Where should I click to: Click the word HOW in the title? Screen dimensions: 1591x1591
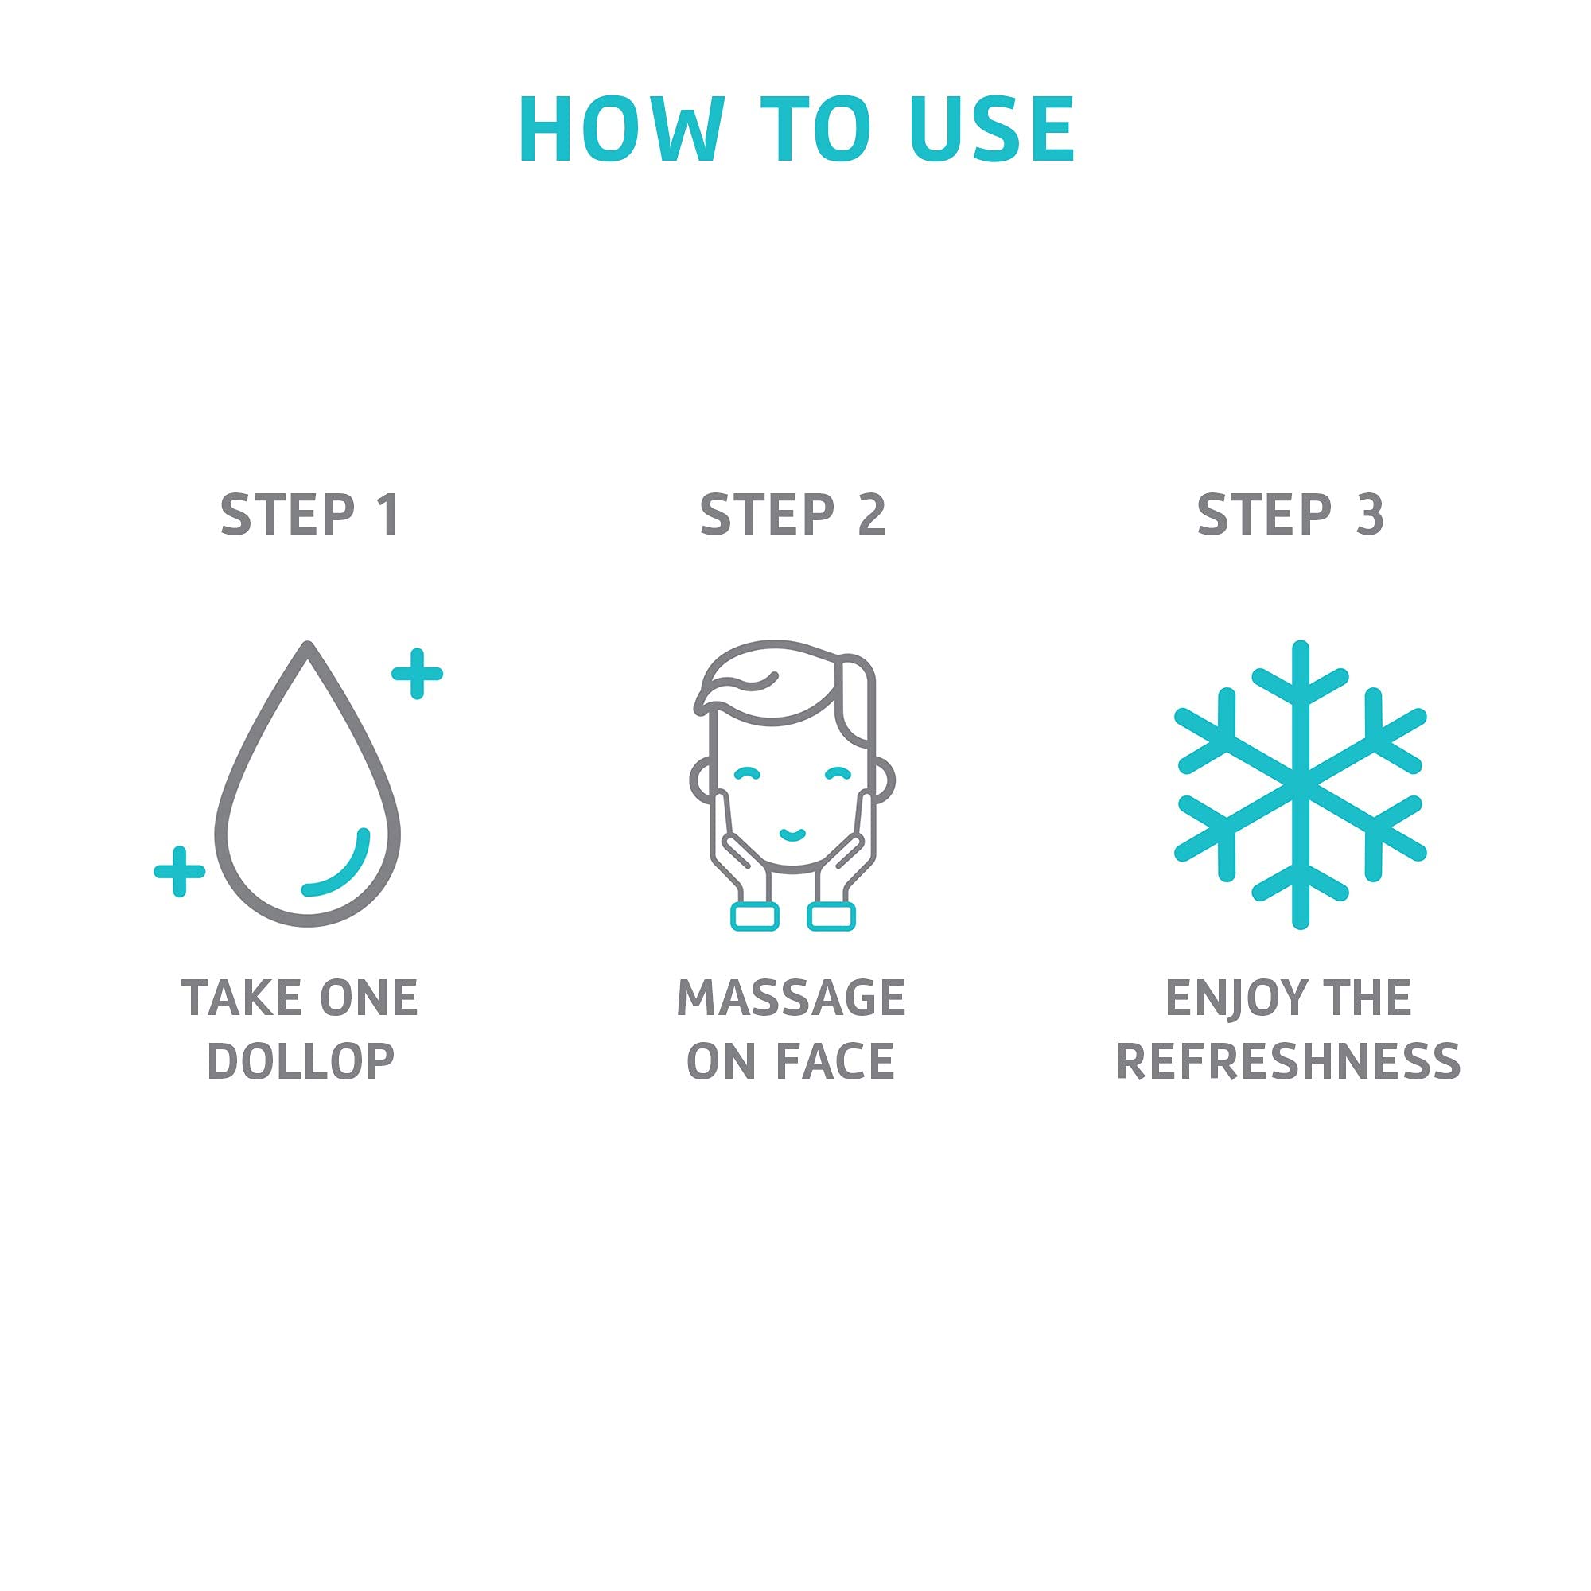tap(622, 130)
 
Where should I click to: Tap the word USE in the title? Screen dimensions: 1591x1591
tap(992, 130)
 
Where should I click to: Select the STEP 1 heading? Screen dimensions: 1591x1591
tap(309, 515)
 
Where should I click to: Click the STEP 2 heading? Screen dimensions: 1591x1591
tap(792, 515)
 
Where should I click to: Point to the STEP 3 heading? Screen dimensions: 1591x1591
tap(1290, 515)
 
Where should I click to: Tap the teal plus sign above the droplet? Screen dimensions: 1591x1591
tap(417, 674)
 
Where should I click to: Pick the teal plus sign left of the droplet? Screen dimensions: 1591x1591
tap(180, 870)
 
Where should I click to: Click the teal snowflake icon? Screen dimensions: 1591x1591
tap(1301, 785)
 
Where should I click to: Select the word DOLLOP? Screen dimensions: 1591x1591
tap(301, 1061)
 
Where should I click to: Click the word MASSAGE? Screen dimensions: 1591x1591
tap(792, 998)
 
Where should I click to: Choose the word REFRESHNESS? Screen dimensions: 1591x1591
tap(1288, 1061)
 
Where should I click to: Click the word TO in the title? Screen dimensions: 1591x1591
tap(816, 130)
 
